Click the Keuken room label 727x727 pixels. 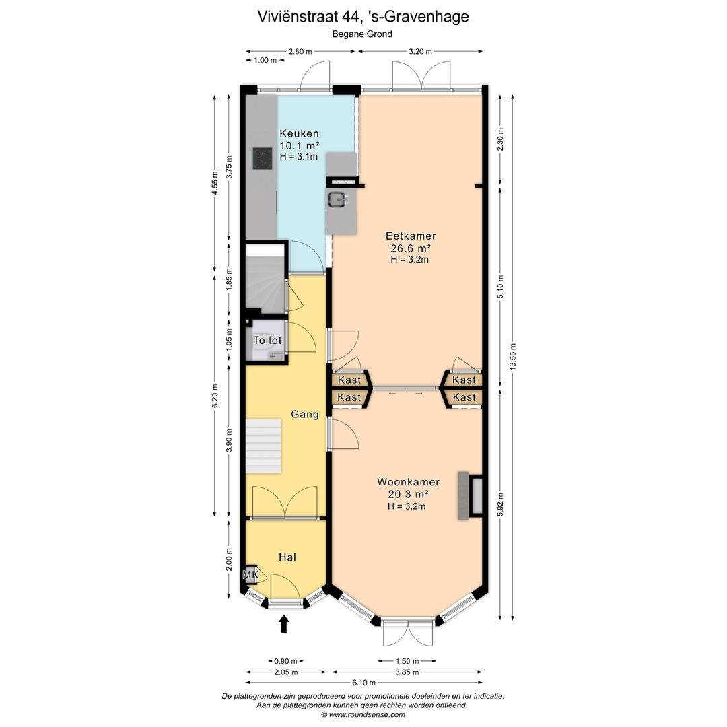[x=299, y=133]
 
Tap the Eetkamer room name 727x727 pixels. [x=411, y=236]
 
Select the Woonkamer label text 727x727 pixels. [x=408, y=482]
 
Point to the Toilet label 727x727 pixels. [x=267, y=341]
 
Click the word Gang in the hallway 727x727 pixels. [x=305, y=414]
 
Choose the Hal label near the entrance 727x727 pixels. [x=287, y=557]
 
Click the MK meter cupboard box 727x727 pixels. [x=250, y=574]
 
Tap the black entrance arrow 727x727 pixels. [x=284, y=623]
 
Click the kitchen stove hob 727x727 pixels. [x=263, y=159]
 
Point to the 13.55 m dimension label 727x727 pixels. [x=512, y=357]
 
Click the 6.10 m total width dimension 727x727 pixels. [x=364, y=683]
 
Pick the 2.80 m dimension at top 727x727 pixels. [x=300, y=51]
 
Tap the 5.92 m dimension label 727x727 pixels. [x=499, y=502]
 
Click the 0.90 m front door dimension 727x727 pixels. [x=286, y=661]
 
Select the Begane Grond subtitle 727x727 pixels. [x=362, y=34]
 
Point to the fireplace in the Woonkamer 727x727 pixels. [x=470, y=495]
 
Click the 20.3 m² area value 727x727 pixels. [x=408, y=494]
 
